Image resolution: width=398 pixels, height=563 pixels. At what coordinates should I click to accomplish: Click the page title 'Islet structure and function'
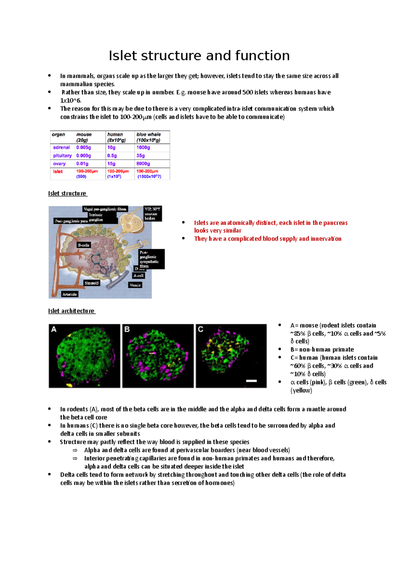[x=199, y=56]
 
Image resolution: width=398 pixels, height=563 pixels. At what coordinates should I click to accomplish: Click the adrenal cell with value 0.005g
[x=84, y=148]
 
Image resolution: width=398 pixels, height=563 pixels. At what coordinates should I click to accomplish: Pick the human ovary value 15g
[x=111, y=164]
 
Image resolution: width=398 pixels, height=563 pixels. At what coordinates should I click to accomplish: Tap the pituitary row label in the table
[x=62, y=156]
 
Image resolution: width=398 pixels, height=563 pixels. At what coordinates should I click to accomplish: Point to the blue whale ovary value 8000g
[x=143, y=164]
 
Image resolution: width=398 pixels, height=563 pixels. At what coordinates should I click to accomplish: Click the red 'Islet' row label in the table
[x=58, y=172]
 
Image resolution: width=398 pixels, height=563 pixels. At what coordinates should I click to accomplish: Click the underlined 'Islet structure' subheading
[x=67, y=194]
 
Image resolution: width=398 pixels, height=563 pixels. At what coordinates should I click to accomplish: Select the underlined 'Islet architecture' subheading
[x=71, y=311]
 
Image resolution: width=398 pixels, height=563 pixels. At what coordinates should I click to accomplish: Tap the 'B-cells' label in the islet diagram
[x=83, y=245]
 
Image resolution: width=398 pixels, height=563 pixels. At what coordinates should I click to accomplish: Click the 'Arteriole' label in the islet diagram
[x=70, y=294]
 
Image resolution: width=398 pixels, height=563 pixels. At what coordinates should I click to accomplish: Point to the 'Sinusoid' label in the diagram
[x=92, y=283]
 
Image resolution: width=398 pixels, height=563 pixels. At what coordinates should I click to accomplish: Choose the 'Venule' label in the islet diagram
[x=135, y=285]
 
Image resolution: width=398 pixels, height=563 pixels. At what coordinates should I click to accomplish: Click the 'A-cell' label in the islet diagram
[x=138, y=276]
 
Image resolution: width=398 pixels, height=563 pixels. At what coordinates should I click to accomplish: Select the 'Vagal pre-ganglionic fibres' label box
[x=105, y=209]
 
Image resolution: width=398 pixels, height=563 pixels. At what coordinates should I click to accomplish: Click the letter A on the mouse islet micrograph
[x=54, y=329]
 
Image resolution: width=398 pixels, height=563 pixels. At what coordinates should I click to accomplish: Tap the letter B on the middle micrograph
[x=127, y=329]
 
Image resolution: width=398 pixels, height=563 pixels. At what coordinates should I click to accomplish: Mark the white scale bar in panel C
[x=251, y=381]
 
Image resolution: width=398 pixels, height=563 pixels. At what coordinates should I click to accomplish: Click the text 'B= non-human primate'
[x=322, y=349]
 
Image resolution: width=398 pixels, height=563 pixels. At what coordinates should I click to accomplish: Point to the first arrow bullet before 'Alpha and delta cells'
[x=75, y=450]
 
